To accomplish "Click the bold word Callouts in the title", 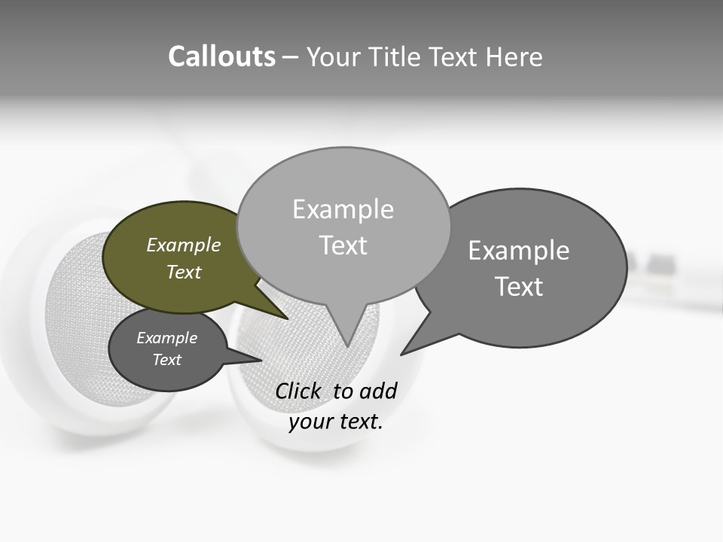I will [x=221, y=56].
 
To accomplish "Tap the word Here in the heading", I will [x=515, y=56].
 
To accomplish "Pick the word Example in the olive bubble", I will [x=183, y=245].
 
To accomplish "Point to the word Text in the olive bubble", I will [x=183, y=272].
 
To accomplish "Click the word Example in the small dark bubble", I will [x=166, y=338].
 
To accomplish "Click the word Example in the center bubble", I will [x=343, y=209].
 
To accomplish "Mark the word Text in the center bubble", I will [x=343, y=245].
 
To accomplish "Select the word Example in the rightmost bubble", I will [x=519, y=250].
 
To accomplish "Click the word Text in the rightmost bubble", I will [x=519, y=286].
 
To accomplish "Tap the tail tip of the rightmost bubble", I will [x=404, y=352].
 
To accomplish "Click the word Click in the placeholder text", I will [x=297, y=391].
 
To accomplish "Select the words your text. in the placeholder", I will [x=336, y=422].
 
